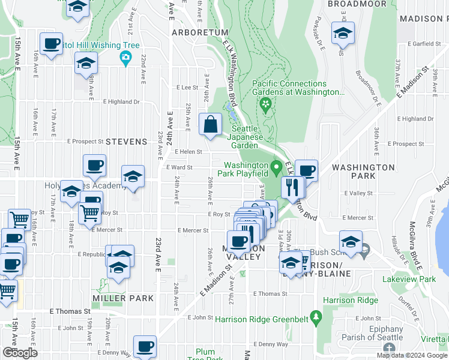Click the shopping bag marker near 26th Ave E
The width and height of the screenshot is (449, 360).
click(x=211, y=125)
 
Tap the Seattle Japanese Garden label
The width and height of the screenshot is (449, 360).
click(x=245, y=137)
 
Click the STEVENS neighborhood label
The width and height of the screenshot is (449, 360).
click(x=126, y=142)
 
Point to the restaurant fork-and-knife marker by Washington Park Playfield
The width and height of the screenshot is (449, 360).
click(x=293, y=187)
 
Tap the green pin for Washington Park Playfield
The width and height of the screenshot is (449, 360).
click(x=276, y=166)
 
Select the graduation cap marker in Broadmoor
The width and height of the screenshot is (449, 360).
click(x=343, y=34)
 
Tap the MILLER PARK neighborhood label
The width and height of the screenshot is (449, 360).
click(x=123, y=298)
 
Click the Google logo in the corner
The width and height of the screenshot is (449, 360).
click(x=20, y=352)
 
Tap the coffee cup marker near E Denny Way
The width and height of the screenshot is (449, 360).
click(x=145, y=346)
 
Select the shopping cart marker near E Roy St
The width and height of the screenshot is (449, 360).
click(x=89, y=212)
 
